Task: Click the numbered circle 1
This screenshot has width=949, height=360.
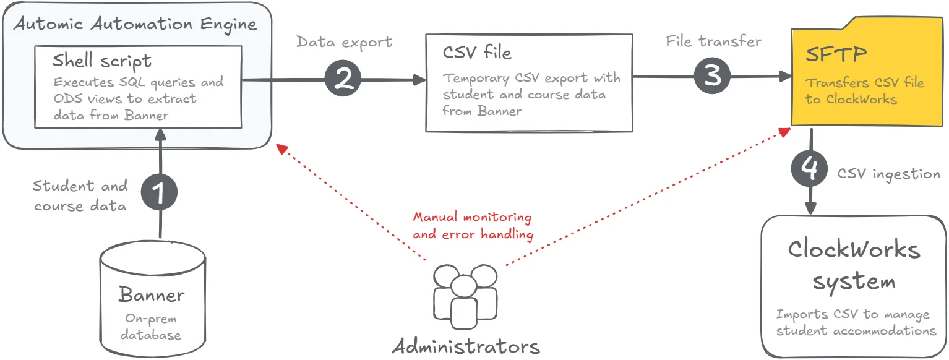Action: point(159,193)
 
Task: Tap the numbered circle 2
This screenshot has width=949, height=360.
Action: point(343,79)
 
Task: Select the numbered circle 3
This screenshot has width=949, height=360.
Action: point(712,76)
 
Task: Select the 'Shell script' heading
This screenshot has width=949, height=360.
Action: point(101,61)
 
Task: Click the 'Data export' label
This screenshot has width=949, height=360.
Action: point(344,42)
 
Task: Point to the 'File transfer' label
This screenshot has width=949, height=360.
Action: point(713,41)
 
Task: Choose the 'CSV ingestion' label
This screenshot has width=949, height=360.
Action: point(888,174)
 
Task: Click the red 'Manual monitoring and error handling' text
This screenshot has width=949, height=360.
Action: point(473,226)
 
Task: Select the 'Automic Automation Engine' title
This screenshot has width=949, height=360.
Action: point(135,25)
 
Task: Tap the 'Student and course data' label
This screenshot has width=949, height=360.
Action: point(80,195)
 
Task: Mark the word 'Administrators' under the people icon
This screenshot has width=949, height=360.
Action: point(465,346)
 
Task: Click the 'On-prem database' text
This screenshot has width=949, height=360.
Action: point(151,327)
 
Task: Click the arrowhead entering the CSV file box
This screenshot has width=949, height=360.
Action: point(421,79)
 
